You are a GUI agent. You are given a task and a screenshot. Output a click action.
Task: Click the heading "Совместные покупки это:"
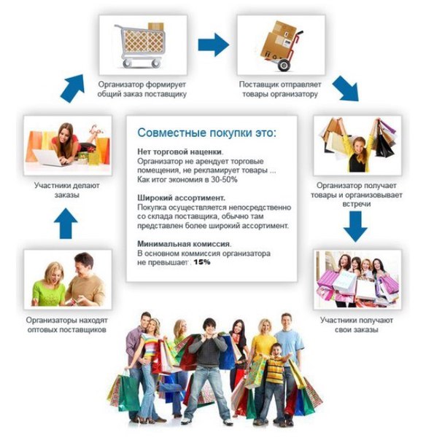207,133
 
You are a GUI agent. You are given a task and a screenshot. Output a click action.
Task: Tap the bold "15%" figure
202,262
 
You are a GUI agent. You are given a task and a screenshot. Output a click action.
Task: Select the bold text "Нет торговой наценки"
179,152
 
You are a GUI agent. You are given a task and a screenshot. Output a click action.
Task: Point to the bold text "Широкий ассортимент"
181,198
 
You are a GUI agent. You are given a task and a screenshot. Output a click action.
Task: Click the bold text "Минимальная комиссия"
183,244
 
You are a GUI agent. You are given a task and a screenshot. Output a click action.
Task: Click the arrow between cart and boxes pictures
213,45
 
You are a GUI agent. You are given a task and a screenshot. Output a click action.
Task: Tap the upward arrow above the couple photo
66,224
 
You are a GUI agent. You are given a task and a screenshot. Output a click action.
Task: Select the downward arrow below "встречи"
355,227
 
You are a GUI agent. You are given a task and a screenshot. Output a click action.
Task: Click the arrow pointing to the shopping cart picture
72,88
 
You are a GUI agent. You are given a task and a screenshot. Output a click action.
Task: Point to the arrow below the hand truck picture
346,88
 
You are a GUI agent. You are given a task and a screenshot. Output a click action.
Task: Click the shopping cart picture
143,45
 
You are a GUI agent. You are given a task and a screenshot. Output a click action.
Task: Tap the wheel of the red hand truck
284,65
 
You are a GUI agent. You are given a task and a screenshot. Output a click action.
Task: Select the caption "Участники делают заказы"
67,190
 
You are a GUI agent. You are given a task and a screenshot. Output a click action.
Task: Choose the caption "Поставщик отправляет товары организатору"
280,89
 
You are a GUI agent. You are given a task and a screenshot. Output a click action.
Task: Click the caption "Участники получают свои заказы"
356,325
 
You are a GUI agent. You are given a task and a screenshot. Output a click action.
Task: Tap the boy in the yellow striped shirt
276,382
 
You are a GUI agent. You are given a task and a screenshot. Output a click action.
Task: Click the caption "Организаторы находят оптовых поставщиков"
66,325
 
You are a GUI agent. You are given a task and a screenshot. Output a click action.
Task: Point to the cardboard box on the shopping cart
155,27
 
